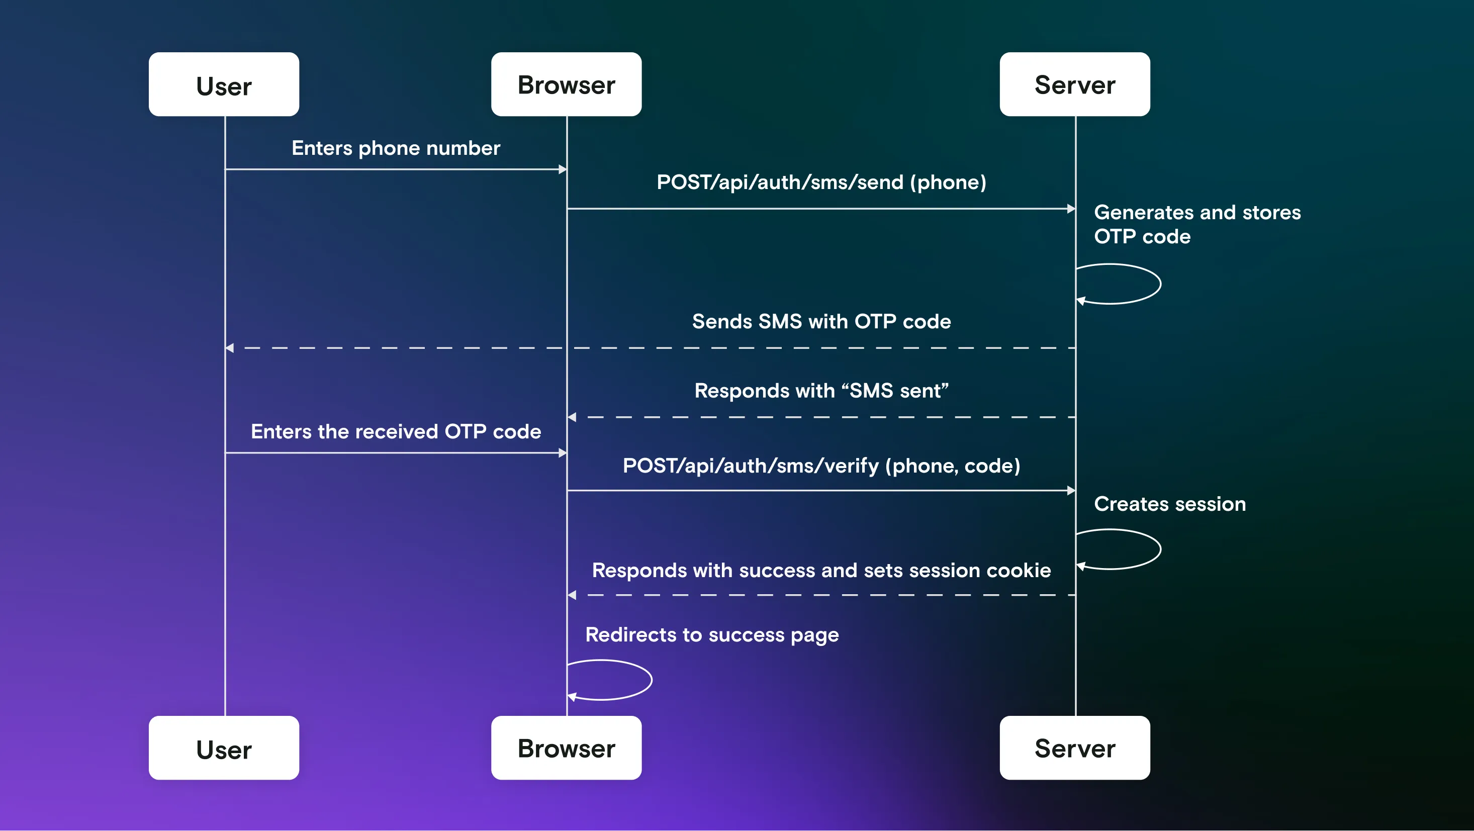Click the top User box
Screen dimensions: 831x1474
[224, 84]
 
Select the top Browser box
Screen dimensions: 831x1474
[566, 84]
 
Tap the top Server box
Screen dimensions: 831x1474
[1075, 84]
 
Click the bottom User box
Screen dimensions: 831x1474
[224, 748]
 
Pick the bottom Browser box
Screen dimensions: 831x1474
[566, 748]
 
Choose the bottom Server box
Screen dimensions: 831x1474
[1075, 748]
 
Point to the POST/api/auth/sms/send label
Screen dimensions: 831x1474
[821, 182]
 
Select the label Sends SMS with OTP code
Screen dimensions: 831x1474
[821, 322]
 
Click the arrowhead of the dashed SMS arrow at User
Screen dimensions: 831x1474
[229, 348]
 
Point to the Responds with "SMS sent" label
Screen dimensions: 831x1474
[821, 391]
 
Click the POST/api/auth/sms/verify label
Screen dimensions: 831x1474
[821, 466]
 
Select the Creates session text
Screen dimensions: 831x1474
[1169, 504]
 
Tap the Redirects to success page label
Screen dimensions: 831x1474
[712, 635]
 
